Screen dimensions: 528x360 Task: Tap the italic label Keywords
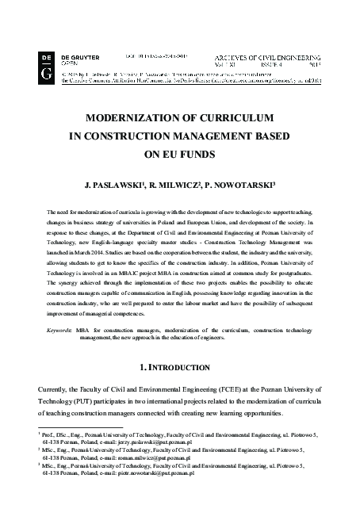pos(59,328)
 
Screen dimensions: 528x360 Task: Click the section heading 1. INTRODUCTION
pos(179,369)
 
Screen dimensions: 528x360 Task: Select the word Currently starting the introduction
pos(55,391)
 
